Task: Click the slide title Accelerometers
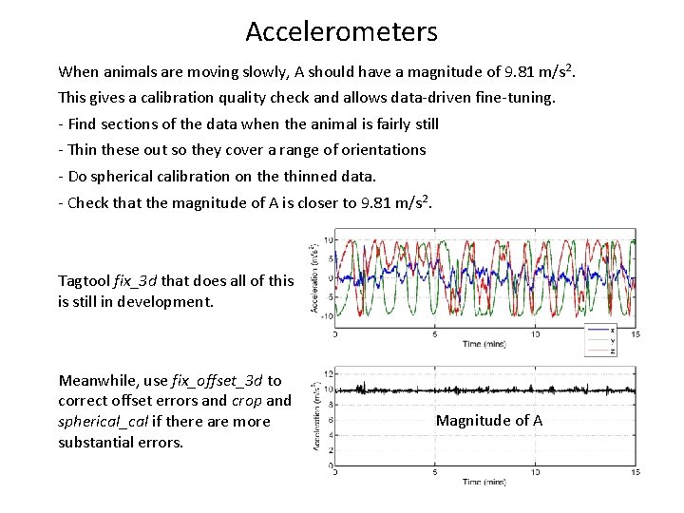pos(341,31)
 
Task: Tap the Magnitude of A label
pos(489,420)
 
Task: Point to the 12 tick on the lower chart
pos(328,373)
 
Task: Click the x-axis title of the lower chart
pos(484,482)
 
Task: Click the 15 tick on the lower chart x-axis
pos(634,471)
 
